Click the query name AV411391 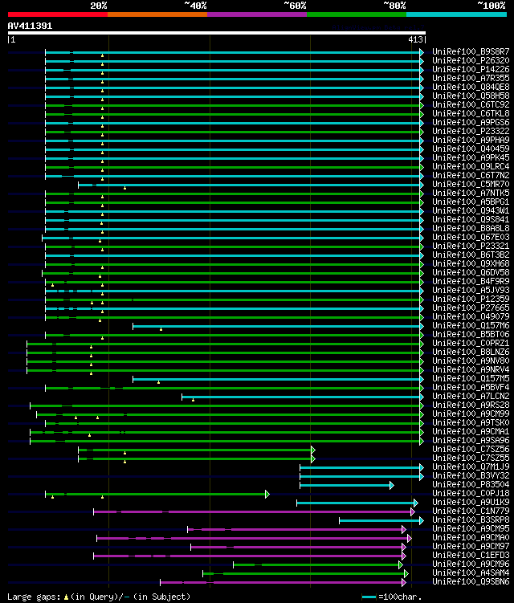click(31, 26)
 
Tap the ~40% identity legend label click(195, 6)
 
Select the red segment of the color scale click(57, 14)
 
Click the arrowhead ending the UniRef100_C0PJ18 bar click(267, 494)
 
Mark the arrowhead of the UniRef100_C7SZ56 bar click(312, 450)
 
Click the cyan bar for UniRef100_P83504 click(345, 485)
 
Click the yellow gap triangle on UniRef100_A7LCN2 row click(193, 400)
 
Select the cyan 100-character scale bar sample click(369, 597)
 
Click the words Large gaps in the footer click(29, 597)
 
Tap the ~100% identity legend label click(490, 6)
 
